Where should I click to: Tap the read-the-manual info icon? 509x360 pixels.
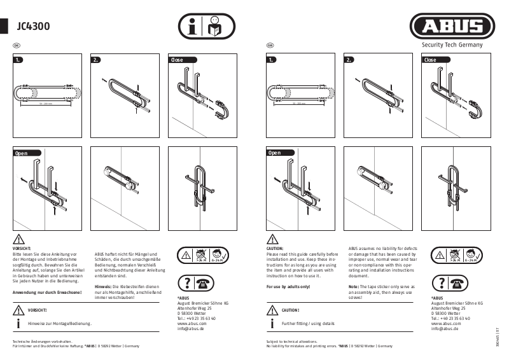[x=206, y=27]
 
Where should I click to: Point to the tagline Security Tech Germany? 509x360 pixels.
[x=452, y=45]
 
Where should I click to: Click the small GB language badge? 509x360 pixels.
[x=270, y=45]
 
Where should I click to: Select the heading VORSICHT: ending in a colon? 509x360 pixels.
[x=22, y=249]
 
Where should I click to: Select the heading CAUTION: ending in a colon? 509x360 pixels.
[x=275, y=249]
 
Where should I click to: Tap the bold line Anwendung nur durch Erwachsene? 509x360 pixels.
[x=46, y=292]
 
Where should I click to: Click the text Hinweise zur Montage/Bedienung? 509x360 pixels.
[x=60, y=324]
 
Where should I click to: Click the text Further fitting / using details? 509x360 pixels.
[x=308, y=324]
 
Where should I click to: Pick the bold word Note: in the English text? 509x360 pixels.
[x=354, y=287]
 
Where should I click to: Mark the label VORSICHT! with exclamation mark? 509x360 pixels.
[x=37, y=310]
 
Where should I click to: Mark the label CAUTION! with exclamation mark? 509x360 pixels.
[x=290, y=310]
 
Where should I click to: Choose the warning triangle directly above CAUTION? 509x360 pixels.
[x=272, y=239]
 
